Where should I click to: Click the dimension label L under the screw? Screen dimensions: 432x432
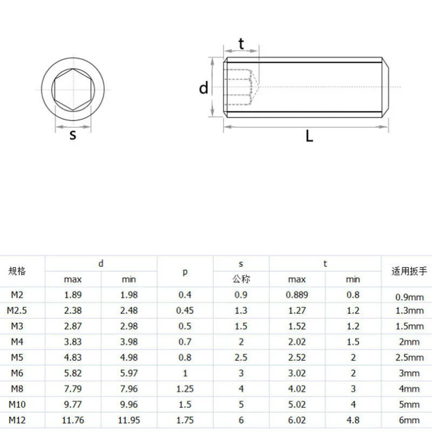click(x=309, y=136)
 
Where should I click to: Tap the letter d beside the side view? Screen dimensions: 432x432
click(x=204, y=88)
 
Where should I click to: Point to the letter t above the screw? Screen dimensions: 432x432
click(x=241, y=44)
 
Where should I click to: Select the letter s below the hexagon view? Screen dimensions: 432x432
click(x=73, y=135)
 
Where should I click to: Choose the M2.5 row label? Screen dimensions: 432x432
click(x=17, y=310)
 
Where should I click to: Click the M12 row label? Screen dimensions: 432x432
click(x=17, y=420)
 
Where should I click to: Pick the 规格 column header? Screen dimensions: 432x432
click(x=17, y=271)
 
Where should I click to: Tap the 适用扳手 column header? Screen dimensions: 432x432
click(x=409, y=271)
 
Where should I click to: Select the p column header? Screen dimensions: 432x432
click(x=185, y=272)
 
